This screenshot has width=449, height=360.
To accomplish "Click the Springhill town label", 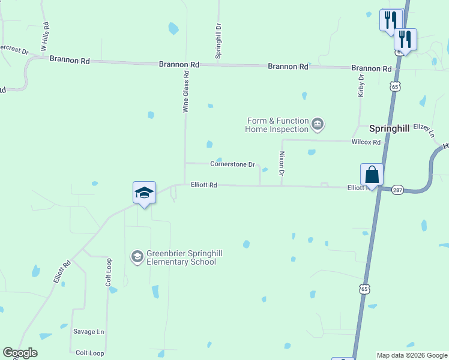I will pyautogui.click(x=388, y=128).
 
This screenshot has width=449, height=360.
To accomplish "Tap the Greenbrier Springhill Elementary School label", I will pyautogui.click(x=181, y=258).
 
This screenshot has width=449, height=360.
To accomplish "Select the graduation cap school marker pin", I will pyautogui.click(x=144, y=193).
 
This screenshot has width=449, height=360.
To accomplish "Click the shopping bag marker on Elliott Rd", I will pyautogui.click(x=372, y=175).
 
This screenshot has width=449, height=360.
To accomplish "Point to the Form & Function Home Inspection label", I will pyautogui.click(x=277, y=125).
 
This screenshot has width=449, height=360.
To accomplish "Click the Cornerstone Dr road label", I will pyautogui.click(x=233, y=164).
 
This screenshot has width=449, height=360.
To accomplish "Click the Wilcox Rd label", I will pyautogui.click(x=366, y=142).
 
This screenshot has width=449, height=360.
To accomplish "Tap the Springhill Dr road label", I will pyautogui.click(x=219, y=41).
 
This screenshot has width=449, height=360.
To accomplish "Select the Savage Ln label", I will pyautogui.click(x=89, y=332).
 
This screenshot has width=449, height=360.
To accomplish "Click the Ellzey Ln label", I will pyautogui.click(x=423, y=130).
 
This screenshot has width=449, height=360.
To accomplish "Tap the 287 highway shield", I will pyautogui.click(x=397, y=190).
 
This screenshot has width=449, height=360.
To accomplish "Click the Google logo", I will pyautogui.click(x=20, y=353).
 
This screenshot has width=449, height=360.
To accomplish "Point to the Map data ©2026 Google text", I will pyautogui.click(x=411, y=355).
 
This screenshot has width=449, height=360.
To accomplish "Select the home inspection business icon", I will pyautogui.click(x=318, y=125).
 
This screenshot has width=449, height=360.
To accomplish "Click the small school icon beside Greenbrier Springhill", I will pyautogui.click(x=137, y=257).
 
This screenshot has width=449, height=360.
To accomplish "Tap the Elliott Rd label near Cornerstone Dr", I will pyautogui.click(x=204, y=185).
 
